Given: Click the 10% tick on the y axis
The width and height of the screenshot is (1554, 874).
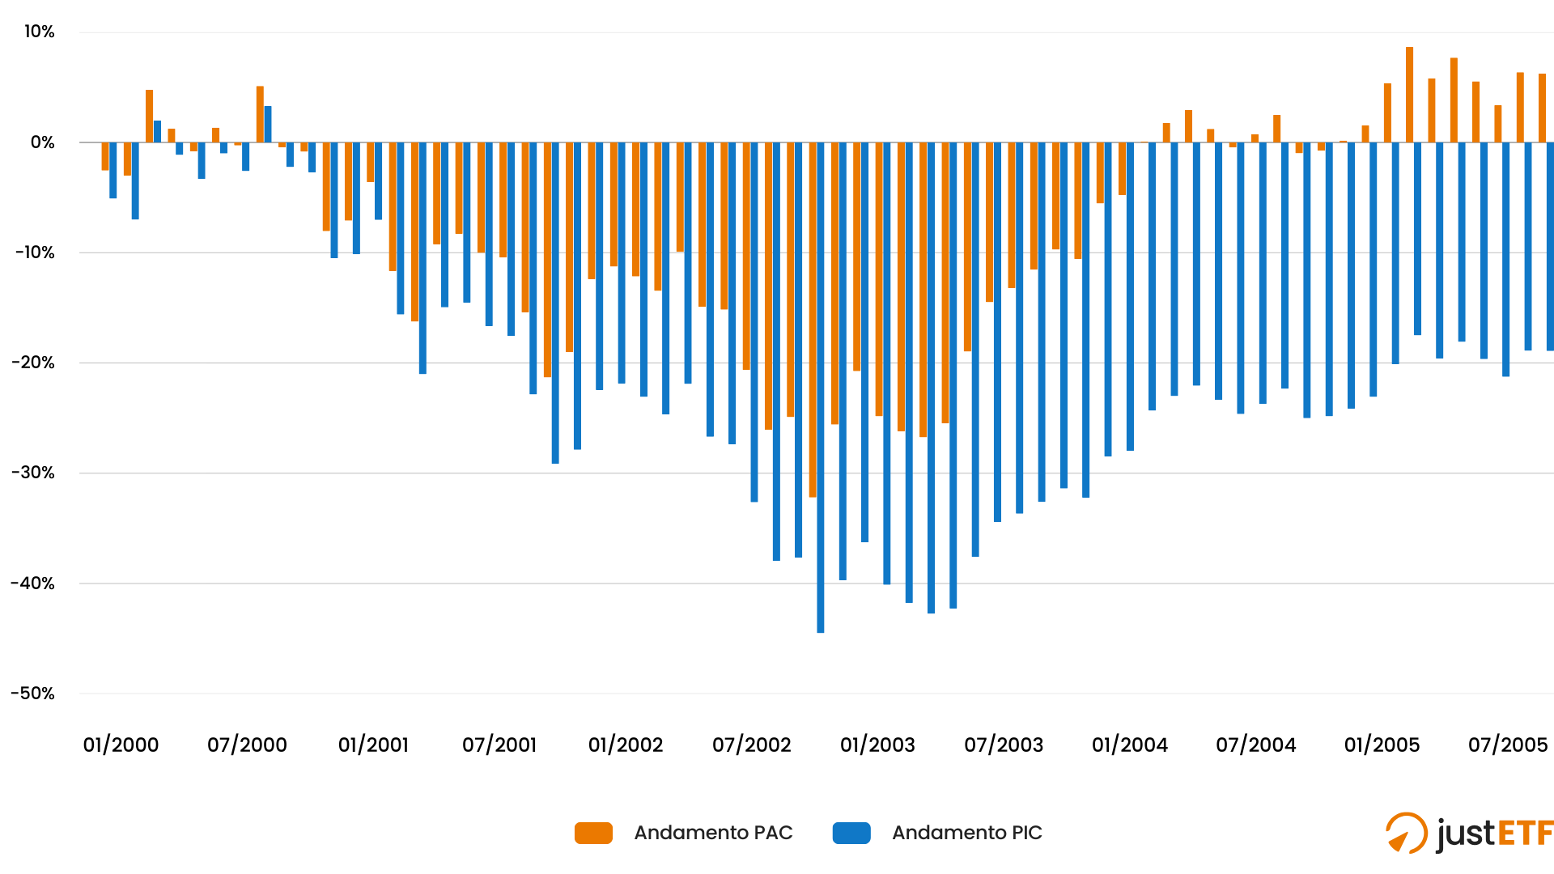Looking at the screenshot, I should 39,32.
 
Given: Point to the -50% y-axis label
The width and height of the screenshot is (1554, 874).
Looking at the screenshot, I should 33,694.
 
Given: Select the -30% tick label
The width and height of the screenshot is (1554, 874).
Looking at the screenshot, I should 33,473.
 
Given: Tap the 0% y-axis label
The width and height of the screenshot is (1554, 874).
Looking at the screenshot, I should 42,142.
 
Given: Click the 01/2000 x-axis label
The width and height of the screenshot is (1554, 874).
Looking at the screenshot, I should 121,745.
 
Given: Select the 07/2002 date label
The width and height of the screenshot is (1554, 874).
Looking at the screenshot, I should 751,745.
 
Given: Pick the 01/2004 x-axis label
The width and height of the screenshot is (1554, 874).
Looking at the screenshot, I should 1130,745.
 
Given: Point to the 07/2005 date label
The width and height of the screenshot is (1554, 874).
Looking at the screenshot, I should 1508,745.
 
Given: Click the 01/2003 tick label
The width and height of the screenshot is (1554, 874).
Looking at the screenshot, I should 877,745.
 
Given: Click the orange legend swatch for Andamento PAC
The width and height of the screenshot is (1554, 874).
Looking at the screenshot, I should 593,833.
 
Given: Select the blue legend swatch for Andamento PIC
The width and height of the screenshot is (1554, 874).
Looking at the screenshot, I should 851,833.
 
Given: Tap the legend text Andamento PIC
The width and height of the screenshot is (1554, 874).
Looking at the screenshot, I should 967,833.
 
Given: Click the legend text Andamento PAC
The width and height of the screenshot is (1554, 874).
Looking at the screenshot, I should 713,833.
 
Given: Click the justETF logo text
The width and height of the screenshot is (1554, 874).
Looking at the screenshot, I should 1495,834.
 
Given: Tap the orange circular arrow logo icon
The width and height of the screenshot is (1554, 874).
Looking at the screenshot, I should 1406,833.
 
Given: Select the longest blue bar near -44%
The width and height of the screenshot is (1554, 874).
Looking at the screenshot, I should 821,388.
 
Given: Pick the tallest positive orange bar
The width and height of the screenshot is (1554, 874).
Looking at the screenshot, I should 1409,95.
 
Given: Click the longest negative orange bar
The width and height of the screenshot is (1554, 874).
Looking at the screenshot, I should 813,320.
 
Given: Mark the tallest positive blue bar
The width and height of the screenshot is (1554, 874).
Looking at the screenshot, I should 268,125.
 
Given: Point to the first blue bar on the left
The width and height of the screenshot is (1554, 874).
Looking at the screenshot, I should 113,170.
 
